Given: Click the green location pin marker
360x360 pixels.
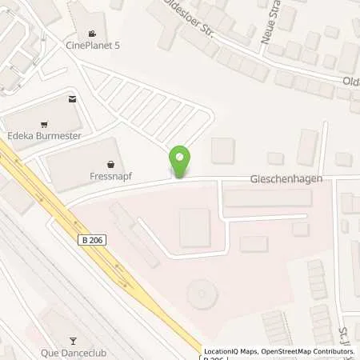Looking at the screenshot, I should click(180, 162).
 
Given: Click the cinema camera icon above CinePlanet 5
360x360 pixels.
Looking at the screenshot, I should click(94, 34).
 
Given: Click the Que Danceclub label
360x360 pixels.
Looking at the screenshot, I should click(74, 353).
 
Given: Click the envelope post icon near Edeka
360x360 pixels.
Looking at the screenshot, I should click(73, 99).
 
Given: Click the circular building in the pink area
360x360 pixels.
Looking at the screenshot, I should click(202, 294).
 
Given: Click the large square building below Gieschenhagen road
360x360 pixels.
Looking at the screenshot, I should click(195, 227).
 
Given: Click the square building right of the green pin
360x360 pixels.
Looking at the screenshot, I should click(222, 150).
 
